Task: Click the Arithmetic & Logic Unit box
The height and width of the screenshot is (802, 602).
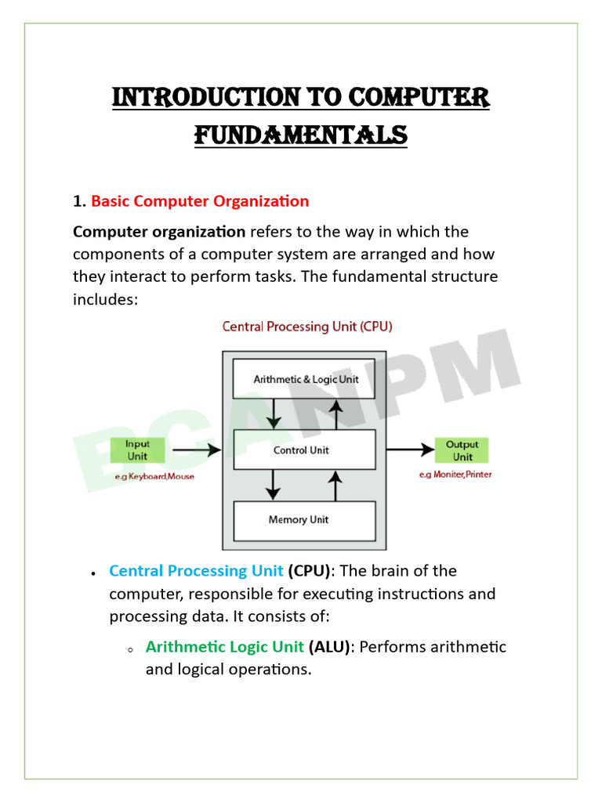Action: tap(305, 380)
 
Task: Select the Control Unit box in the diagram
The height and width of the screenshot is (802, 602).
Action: tap(305, 450)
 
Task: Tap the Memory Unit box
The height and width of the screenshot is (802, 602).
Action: tap(305, 520)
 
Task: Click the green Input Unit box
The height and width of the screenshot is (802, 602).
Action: tap(137, 450)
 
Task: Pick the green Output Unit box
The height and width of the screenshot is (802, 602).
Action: tap(462, 450)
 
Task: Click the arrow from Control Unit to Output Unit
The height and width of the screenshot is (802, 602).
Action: tap(409, 450)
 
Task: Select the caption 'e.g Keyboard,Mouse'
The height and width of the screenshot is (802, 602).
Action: tap(155, 475)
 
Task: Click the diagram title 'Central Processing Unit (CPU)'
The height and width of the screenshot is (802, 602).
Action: tap(307, 327)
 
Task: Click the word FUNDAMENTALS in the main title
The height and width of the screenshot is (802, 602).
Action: tap(301, 135)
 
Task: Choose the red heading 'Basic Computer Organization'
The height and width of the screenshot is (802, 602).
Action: tap(200, 201)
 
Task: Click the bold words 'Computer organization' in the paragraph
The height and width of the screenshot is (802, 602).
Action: tap(159, 232)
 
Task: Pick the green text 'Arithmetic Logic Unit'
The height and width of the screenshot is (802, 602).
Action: tap(225, 647)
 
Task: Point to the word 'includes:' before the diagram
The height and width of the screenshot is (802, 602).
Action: tap(105, 299)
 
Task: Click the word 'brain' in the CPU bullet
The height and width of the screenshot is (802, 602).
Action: tap(397, 571)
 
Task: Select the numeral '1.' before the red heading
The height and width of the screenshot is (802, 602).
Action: tap(79, 201)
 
